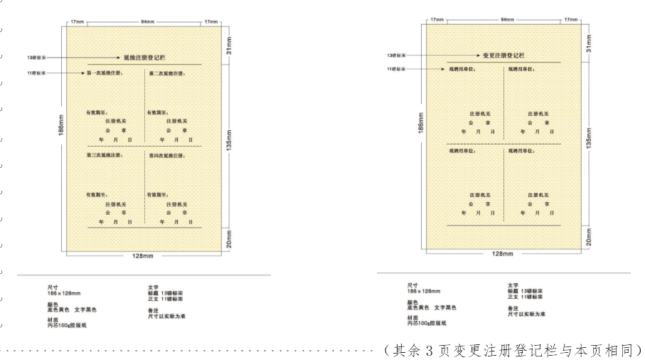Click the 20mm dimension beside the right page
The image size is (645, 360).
(x=589, y=237)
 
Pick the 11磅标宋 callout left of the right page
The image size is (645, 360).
(x=396, y=69)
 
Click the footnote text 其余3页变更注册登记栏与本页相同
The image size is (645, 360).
(x=512, y=350)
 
